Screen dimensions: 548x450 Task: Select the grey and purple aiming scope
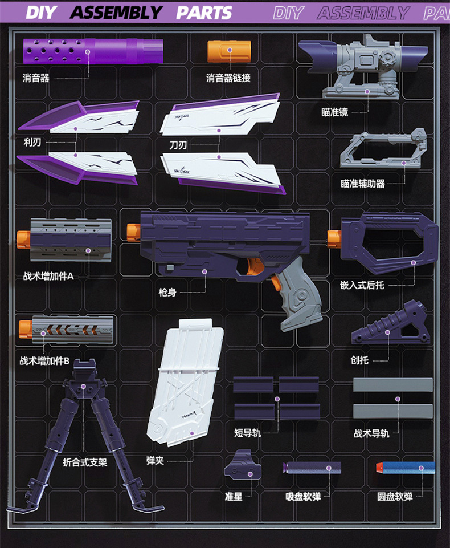[365, 66]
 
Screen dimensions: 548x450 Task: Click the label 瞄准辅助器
[363, 184]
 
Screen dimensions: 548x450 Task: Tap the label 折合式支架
[85, 462]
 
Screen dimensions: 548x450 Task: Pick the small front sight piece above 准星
[242, 470]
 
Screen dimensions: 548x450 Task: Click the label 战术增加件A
[48, 277]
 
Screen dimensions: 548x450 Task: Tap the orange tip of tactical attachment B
[25, 328]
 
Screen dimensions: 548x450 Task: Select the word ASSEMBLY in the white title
[117, 12]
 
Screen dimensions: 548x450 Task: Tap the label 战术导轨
[371, 433]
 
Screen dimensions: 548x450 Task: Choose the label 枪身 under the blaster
[167, 292]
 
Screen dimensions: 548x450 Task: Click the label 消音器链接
[228, 78]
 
